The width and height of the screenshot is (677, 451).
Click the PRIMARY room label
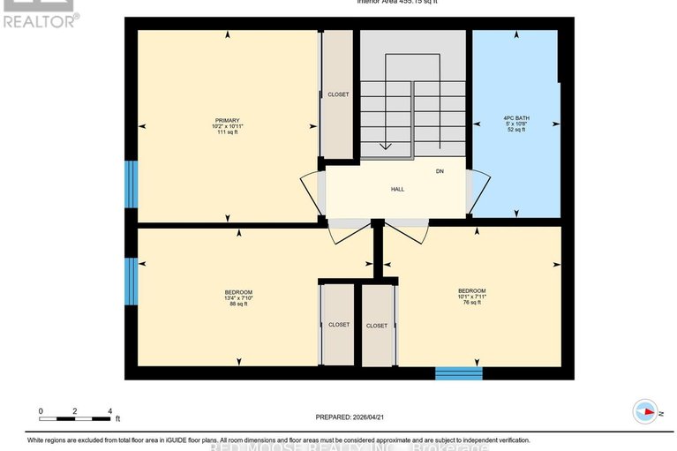227,121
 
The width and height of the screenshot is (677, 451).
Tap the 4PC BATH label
515,117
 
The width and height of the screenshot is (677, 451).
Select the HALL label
397,189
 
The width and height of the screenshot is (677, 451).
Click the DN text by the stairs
440,171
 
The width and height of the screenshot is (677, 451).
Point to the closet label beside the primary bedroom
338,94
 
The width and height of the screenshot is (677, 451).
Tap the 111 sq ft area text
227,133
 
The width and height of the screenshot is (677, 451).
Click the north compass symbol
645,411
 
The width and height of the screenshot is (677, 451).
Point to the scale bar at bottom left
74,411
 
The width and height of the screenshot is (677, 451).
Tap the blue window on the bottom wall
459,373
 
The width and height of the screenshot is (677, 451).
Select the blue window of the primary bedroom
131,184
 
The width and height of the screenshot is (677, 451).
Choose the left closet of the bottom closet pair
339,324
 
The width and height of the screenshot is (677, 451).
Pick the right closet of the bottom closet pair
376,324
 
